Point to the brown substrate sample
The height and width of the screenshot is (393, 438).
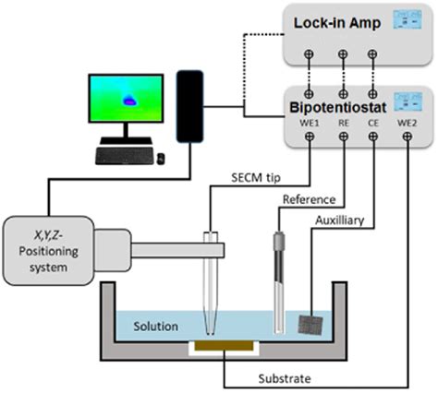[x=225, y=347]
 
